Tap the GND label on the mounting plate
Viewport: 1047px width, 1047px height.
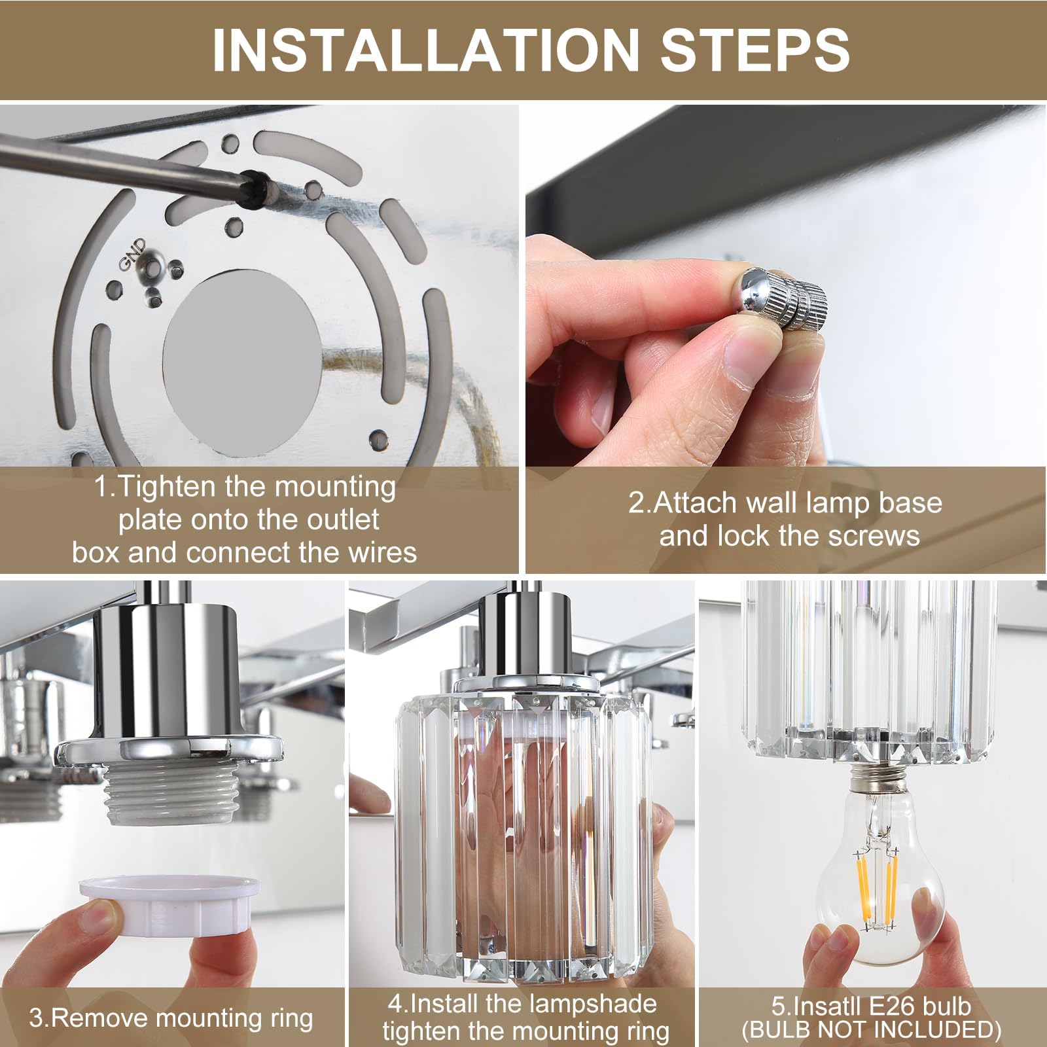(x=133, y=254)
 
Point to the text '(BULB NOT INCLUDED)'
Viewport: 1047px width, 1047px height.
(x=872, y=1030)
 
